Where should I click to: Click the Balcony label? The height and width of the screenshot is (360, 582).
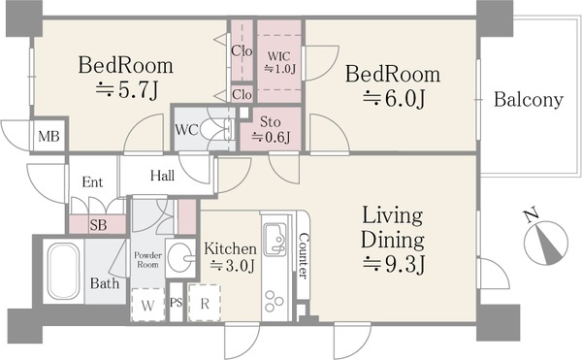tap(529, 100)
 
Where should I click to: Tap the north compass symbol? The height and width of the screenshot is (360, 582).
tap(545, 243)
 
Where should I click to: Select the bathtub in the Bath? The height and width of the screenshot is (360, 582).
tap(63, 271)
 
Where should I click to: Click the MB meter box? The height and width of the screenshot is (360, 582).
tap(49, 136)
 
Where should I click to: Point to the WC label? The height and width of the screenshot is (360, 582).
tap(186, 130)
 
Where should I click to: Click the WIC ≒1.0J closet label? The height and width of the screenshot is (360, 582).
tap(279, 63)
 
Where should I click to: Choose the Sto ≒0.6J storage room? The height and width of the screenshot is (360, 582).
tap(271, 129)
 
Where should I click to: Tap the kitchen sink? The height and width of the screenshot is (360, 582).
tap(275, 240)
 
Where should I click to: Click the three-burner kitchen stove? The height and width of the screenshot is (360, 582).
tap(275, 302)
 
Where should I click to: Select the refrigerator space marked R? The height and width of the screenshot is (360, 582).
tap(205, 303)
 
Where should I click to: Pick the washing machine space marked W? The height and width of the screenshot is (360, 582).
tap(147, 305)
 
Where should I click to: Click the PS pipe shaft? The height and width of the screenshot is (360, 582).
tap(177, 302)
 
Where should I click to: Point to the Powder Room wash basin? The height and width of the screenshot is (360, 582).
tap(180, 258)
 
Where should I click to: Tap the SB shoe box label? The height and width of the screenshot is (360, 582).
tap(98, 225)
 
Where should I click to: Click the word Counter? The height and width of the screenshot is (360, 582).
tap(304, 255)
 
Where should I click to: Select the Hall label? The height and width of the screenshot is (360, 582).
tap(163, 176)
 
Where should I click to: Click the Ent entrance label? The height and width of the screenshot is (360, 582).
tap(92, 181)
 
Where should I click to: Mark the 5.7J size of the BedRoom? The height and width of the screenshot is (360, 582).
tap(127, 90)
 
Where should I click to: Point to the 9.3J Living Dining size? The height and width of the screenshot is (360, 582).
tap(394, 265)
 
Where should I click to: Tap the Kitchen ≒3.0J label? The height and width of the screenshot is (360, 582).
tap(230, 257)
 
